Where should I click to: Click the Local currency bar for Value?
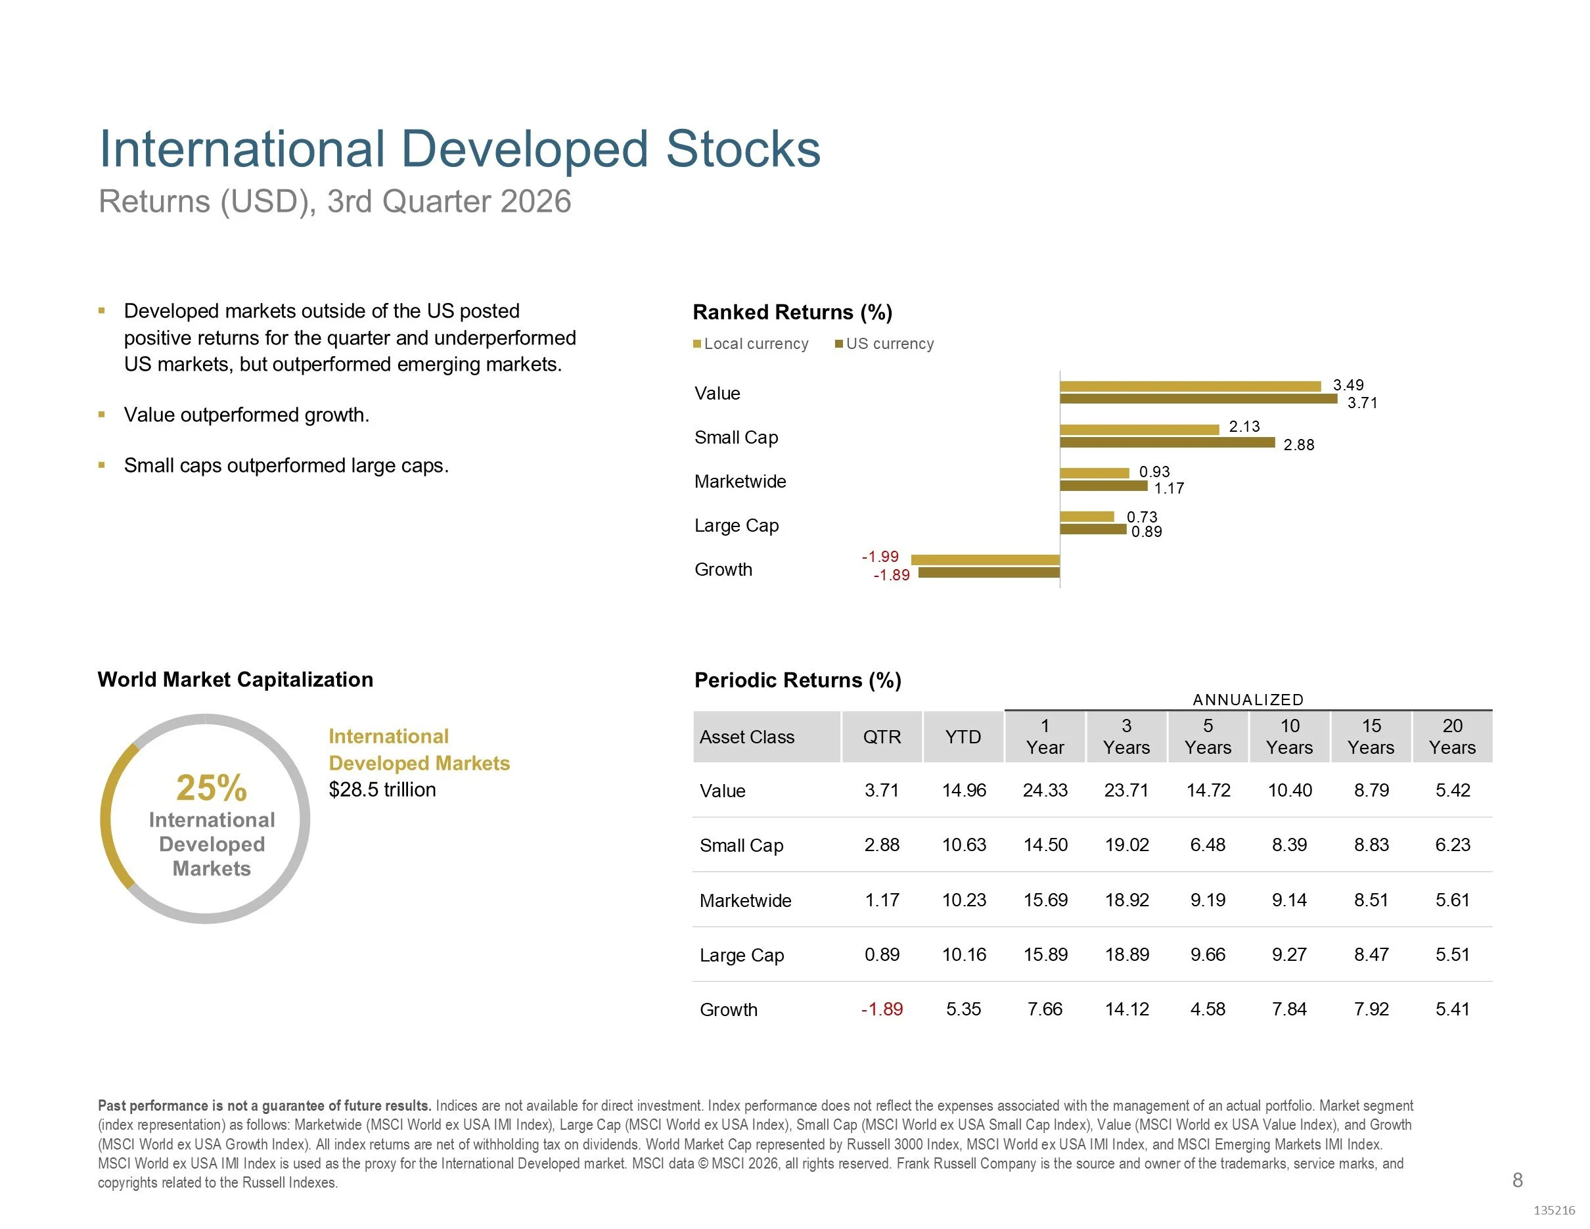click(1191, 386)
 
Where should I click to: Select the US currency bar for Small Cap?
click(1168, 442)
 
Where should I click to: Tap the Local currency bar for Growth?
click(986, 559)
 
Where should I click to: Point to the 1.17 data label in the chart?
click(1170, 488)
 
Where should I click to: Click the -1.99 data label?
click(880, 556)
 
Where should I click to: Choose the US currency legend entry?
click(884, 344)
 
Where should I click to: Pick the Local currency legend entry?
click(750, 344)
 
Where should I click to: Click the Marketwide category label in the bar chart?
click(740, 481)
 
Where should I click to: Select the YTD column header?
click(963, 737)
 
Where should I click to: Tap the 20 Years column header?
click(1453, 736)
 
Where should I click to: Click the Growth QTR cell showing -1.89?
click(882, 1009)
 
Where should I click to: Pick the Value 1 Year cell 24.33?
click(1045, 790)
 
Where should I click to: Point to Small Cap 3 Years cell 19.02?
click(1127, 845)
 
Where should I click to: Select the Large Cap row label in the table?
click(742, 955)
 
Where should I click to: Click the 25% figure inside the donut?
click(212, 787)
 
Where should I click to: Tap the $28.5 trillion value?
click(382, 789)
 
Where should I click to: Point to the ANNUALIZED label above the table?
click(1248, 700)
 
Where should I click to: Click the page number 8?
click(1517, 1180)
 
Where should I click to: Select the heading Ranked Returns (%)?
click(792, 312)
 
